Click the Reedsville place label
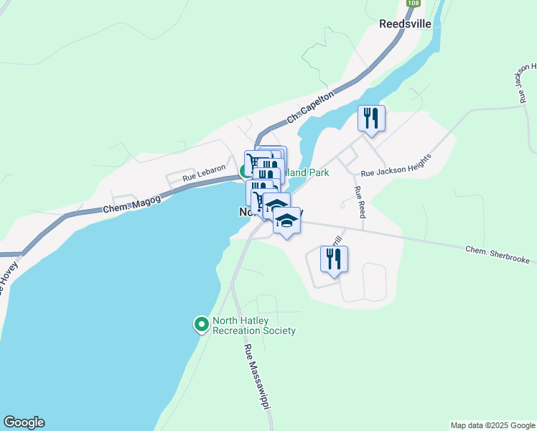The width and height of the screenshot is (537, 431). (x=405, y=23)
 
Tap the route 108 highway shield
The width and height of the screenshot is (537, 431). (x=413, y=4)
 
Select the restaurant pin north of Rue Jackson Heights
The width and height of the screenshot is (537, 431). (x=371, y=118)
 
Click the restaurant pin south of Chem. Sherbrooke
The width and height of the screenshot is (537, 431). (x=334, y=259)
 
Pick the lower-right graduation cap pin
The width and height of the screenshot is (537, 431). (x=286, y=221)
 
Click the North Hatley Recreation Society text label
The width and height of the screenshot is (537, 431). (x=253, y=326)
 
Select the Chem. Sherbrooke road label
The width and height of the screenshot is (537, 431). (x=497, y=254)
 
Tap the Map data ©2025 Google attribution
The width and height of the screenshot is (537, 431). (x=492, y=425)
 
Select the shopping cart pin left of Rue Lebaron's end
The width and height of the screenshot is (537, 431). (x=256, y=162)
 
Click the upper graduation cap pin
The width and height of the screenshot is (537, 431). (x=276, y=207)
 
